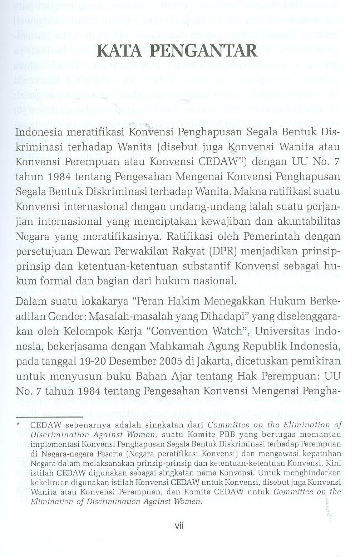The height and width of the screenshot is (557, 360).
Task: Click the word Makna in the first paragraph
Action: pyautogui.click(x=244, y=192)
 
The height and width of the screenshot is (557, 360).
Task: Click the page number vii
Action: pyautogui.click(x=179, y=526)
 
